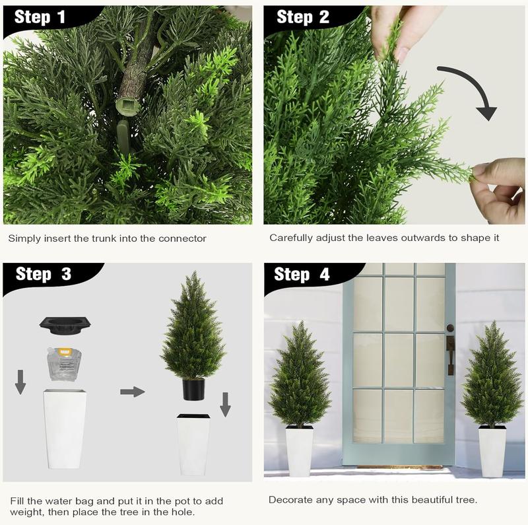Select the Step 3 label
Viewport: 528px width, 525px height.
click(43, 274)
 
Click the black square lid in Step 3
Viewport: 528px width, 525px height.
click(65, 324)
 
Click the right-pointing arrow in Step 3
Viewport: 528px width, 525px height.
click(132, 392)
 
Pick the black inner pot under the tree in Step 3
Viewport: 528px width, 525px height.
click(193, 389)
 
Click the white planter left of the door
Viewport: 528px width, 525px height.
click(299, 451)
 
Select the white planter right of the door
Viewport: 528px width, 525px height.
click(492, 451)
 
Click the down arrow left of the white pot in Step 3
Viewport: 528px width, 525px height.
click(20, 382)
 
